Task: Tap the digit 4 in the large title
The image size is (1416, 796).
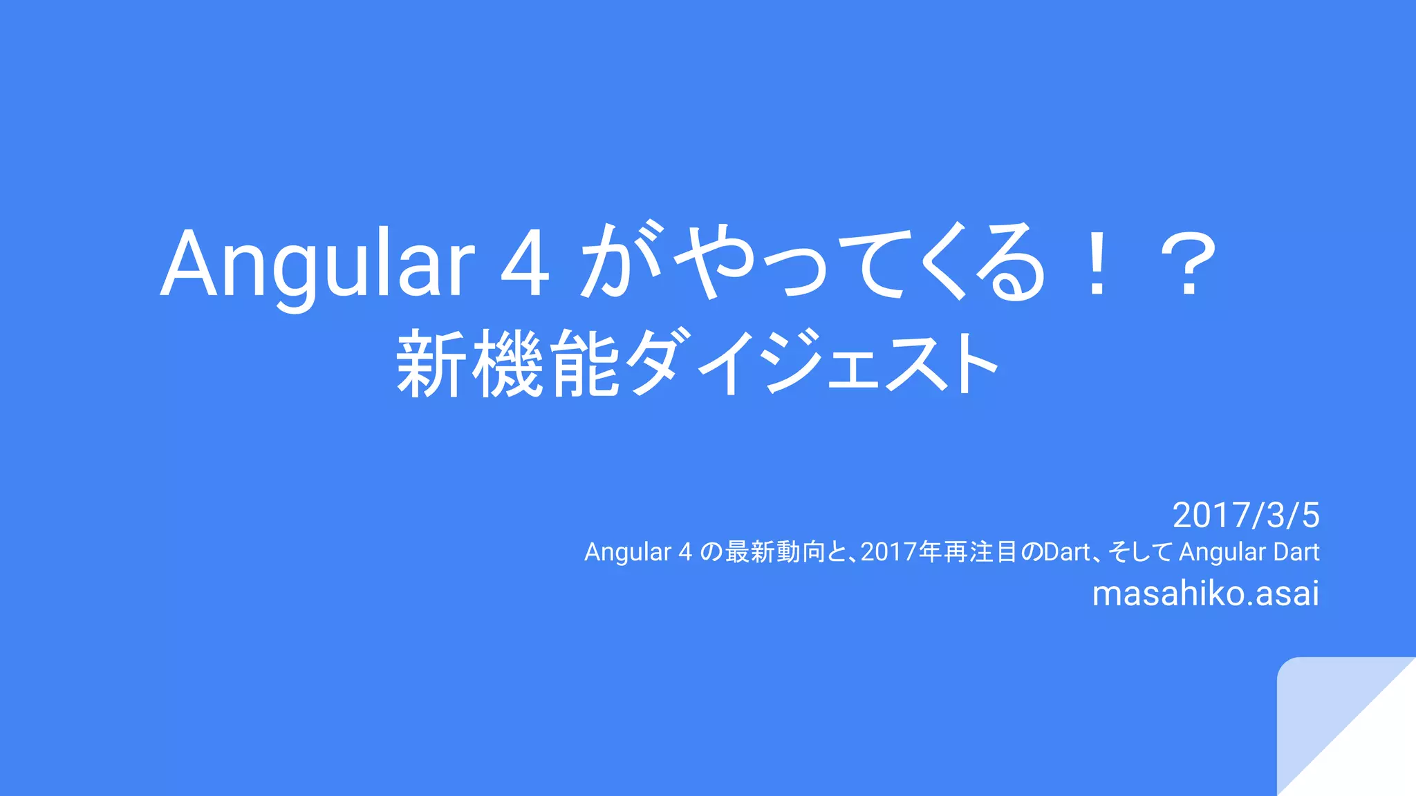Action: [x=525, y=264]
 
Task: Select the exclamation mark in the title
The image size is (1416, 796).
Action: [x=1097, y=265]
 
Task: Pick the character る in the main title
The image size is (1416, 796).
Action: [x=1009, y=263]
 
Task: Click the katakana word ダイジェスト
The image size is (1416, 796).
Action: [x=816, y=363]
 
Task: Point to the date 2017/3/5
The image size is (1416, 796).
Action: [x=1246, y=515]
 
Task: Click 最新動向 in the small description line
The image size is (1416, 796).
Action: [x=775, y=552]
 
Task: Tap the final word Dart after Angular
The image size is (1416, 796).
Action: [x=1296, y=552]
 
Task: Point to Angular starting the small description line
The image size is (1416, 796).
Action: [x=628, y=552]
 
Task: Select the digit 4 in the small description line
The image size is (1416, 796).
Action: [x=685, y=552]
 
